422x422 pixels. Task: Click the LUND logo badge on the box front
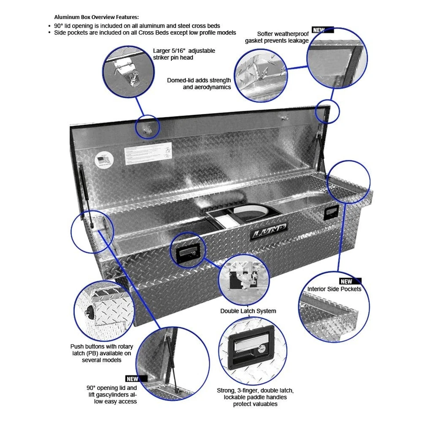[269, 232]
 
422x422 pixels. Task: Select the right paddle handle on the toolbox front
[331, 213]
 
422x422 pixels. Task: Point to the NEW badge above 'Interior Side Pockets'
[350, 281]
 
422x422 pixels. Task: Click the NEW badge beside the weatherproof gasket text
[322, 30]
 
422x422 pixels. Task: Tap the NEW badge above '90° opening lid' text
[136, 378]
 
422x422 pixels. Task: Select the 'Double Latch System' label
[248, 311]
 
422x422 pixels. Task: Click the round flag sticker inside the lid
[103, 160]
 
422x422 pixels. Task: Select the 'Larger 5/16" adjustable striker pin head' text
[184, 54]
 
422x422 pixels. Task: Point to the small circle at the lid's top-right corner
[327, 111]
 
